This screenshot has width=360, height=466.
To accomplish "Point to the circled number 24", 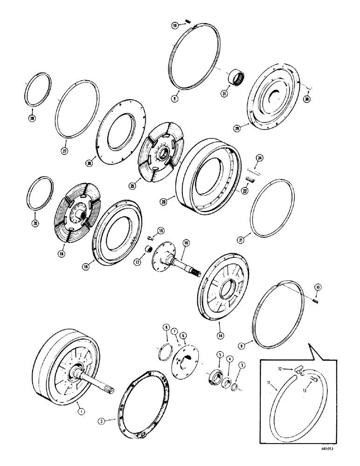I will coord(260,158).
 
